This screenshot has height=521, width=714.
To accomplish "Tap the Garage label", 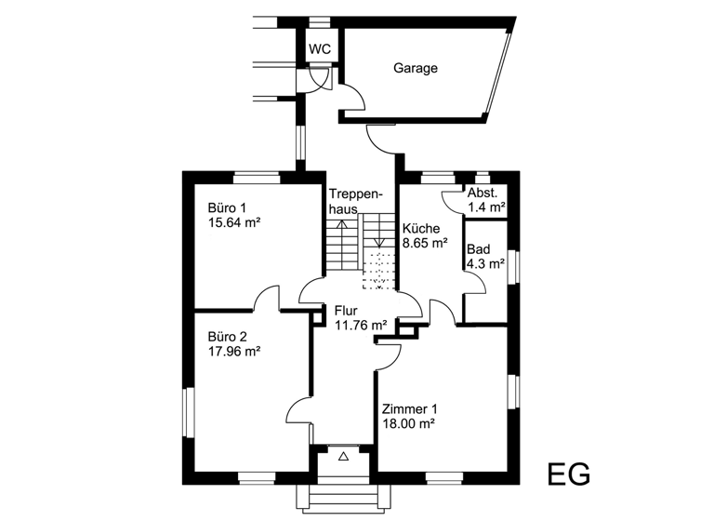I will pos(415,68).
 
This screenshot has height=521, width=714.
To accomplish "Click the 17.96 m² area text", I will pos(234,352).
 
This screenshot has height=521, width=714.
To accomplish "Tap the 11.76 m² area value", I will pos(360,326).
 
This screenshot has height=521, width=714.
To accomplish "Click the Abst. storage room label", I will pos(483,192).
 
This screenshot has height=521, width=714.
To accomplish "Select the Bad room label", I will pos(478,249).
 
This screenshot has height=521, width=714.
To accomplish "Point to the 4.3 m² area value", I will pos(485,264).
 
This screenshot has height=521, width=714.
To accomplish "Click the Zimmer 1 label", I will pos(409,408).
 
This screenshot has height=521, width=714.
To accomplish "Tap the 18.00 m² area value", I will pos(409,424).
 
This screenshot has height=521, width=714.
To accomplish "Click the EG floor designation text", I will pos(567,474).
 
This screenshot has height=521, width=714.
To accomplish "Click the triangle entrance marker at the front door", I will pos(344,456).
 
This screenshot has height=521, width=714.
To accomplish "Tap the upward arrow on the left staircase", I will pos(341,226).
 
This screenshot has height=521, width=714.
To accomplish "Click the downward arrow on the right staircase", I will pos(377,241).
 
